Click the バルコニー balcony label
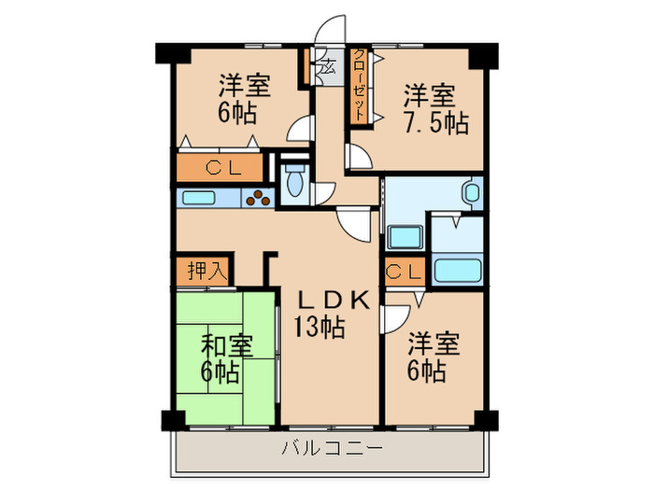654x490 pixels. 333,449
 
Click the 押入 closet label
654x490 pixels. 206,272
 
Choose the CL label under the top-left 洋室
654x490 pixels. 223,169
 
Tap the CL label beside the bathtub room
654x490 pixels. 405,273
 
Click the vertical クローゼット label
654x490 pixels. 359,84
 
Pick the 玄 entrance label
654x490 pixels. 327,67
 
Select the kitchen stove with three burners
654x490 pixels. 258,197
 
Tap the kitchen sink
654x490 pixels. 198,198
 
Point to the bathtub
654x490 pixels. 458,271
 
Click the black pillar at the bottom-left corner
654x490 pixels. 170,419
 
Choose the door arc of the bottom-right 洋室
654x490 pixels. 394,317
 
